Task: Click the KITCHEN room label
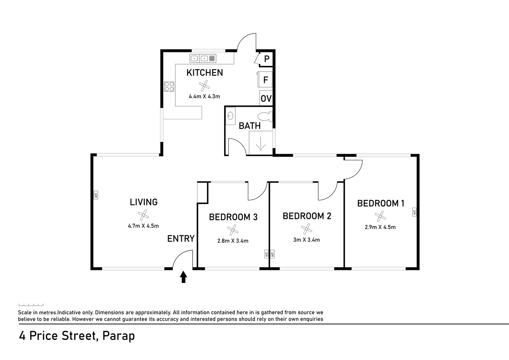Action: [204, 73]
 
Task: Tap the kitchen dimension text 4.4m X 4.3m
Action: [204, 97]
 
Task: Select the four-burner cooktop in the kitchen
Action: [169, 87]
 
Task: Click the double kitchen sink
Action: [203, 58]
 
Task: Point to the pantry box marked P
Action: [266, 59]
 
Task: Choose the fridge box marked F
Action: [265, 79]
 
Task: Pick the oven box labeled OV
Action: [266, 98]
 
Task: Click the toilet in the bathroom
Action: [266, 117]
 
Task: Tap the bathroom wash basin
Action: [230, 116]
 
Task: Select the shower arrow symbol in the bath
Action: [261, 143]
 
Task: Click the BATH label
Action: [249, 126]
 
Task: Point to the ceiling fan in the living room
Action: [143, 215]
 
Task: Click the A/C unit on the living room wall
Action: [96, 195]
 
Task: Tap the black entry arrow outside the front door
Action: [183, 277]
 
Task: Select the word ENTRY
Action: [181, 239]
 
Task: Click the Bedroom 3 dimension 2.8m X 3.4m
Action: [233, 241]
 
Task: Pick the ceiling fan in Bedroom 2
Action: [306, 229]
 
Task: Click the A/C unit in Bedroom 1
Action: [414, 212]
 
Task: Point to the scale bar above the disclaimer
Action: [31, 305]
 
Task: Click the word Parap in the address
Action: [119, 336]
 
